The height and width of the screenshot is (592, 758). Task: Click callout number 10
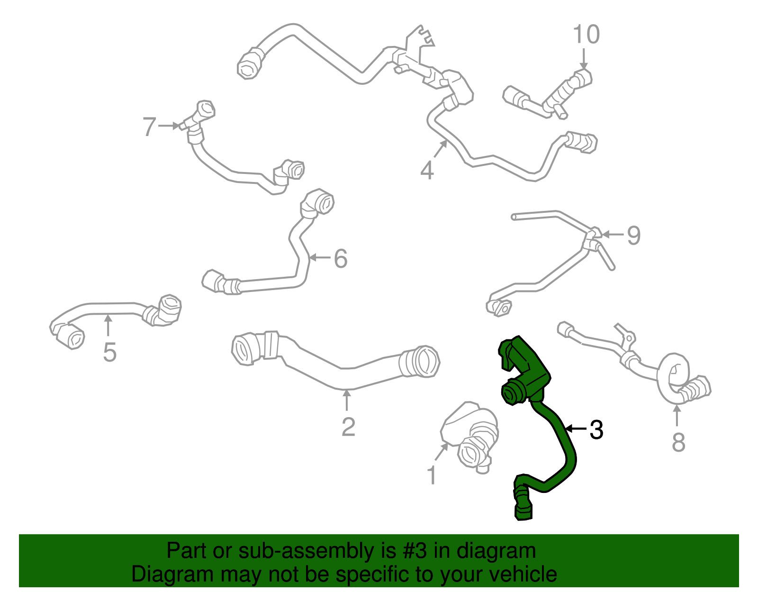586,34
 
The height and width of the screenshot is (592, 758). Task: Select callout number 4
427,170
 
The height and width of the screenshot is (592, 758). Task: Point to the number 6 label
341,258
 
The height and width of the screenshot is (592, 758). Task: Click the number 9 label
634,236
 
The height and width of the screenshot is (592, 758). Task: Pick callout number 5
109,352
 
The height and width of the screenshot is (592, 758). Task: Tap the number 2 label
348,426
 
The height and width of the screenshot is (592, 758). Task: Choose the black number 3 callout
596,429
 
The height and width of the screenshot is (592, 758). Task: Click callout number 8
678,442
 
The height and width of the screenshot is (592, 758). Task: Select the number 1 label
432,475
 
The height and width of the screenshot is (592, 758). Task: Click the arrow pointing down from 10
584,59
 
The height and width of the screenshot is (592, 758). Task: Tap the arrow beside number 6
319,258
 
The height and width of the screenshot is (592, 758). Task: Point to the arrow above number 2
346,401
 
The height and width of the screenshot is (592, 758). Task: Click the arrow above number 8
677,416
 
